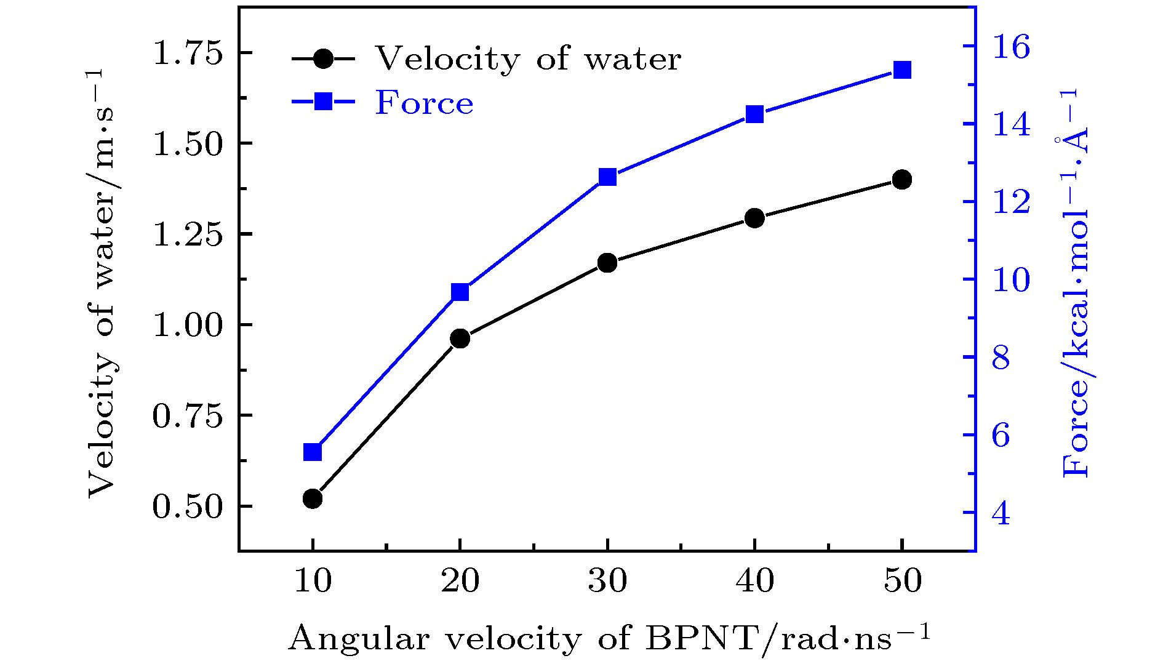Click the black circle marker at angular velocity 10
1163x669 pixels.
click(313, 498)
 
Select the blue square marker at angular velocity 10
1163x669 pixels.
click(313, 452)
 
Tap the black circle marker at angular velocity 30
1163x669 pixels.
click(607, 263)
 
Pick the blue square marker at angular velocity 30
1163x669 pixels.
click(607, 177)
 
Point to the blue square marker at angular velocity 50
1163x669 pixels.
click(902, 70)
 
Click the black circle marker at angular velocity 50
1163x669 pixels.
click(902, 180)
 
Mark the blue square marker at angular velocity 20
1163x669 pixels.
click(460, 292)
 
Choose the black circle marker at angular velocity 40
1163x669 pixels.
click(754, 218)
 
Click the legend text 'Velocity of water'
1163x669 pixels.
click(528, 59)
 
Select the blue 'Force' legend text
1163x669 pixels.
click(425, 103)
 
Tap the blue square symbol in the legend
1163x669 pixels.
click(324, 101)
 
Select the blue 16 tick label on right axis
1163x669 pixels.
click(1011, 47)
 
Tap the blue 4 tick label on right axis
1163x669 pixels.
click(1001, 513)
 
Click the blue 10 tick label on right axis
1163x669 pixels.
click(1011, 280)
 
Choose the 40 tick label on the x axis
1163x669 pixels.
click(754, 580)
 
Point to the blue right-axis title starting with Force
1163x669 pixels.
click(1074, 283)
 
